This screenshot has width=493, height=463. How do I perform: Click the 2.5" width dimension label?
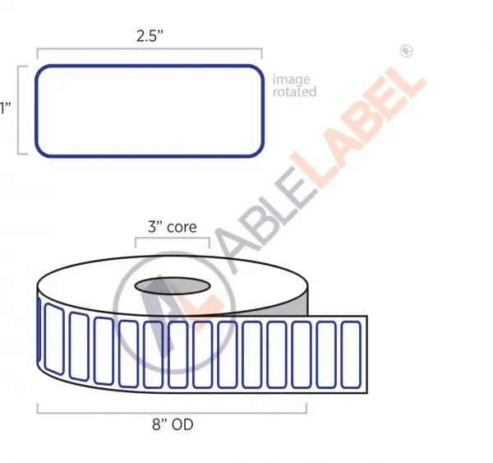(150, 35)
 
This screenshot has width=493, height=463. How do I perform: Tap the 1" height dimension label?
(6, 108)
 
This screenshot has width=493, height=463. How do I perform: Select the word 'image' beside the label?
(292, 79)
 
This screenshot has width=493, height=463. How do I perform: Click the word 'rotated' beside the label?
(294, 91)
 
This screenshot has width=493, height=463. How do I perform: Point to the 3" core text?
(173, 227)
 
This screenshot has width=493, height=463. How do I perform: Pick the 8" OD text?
(173, 424)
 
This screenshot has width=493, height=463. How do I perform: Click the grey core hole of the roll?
(173, 286)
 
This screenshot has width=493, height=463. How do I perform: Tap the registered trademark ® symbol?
(406, 51)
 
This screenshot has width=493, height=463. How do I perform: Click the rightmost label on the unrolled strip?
(351, 354)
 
